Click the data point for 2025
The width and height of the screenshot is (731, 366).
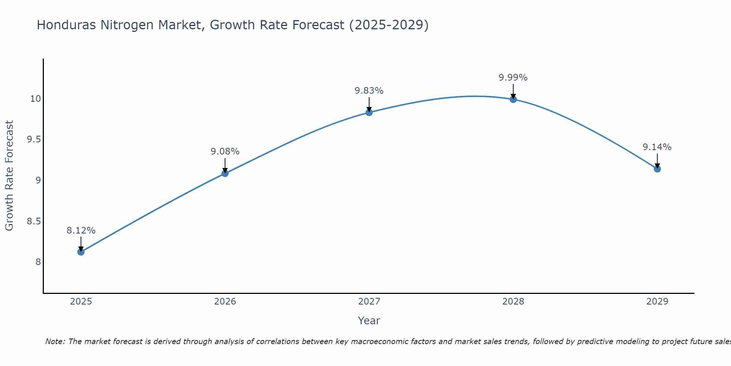click(x=81, y=252)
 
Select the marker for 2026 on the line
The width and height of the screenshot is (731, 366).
click(x=225, y=173)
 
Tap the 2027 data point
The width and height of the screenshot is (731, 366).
click(x=369, y=112)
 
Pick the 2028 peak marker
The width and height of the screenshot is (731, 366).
click(x=513, y=99)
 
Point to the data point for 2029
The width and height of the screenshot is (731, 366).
click(x=657, y=169)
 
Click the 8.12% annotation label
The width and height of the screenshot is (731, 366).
click(x=81, y=231)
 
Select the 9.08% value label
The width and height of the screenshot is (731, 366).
click(x=225, y=152)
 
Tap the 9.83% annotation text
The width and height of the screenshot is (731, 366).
click(x=369, y=91)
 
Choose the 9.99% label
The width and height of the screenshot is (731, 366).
click(x=513, y=78)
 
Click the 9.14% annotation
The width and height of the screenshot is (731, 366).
click(x=657, y=147)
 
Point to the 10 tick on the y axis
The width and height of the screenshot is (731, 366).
click(x=35, y=99)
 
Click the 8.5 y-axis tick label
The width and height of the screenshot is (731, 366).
click(x=34, y=221)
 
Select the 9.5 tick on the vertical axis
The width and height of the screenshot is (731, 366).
click(x=34, y=139)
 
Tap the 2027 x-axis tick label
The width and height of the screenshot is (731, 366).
click(x=369, y=302)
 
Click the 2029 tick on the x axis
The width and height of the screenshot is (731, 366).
click(x=657, y=302)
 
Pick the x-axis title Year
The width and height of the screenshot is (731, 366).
click(x=369, y=321)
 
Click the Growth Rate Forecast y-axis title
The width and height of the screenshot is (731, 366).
click(x=9, y=176)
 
